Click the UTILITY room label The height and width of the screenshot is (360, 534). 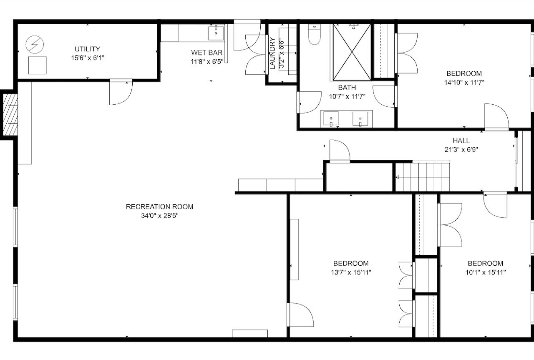(88, 49)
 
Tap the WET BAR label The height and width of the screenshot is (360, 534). (207, 53)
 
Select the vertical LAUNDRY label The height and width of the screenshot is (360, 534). (272, 53)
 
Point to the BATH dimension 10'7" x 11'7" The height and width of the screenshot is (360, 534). (347, 96)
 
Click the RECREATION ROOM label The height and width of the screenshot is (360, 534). (159, 207)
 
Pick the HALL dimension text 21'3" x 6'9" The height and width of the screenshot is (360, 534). (461, 150)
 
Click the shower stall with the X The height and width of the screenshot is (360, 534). (352, 52)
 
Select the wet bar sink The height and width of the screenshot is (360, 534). (216, 33)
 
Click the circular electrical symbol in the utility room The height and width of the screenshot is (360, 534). (35, 45)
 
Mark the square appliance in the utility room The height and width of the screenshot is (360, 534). (38, 65)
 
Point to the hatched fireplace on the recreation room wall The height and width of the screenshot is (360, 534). (10, 115)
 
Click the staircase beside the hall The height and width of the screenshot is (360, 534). (423, 177)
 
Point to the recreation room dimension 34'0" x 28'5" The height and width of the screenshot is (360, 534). (159, 216)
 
